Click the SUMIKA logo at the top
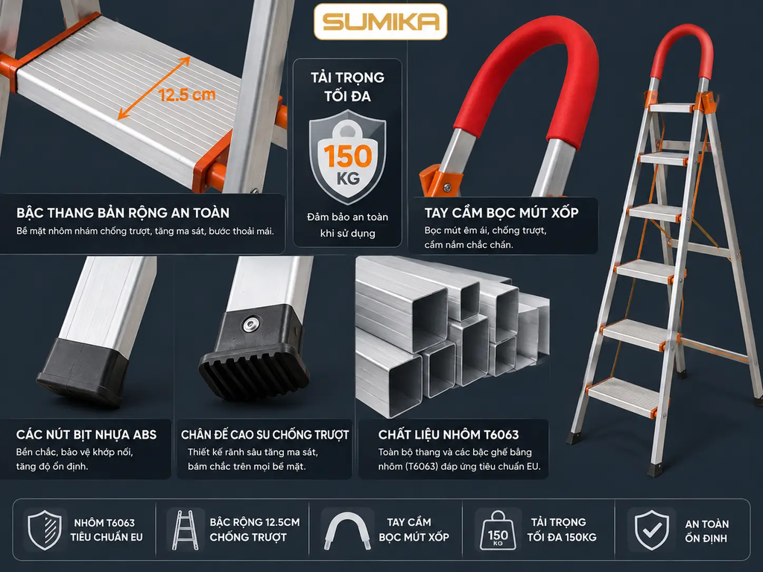[x=381, y=22]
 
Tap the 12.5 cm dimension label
[x=187, y=95]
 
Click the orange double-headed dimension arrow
[x=153, y=88]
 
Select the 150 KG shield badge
[x=347, y=156]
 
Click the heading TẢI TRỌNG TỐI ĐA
[x=347, y=86]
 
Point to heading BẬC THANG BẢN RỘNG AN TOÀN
[x=123, y=212]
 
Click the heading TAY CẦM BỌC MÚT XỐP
[x=501, y=212]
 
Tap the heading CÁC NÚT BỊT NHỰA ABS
[x=86, y=434]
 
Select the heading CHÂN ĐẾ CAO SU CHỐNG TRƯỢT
[x=265, y=434]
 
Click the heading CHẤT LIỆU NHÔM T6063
[x=449, y=434]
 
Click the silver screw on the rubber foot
[x=251, y=324]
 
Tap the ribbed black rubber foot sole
[x=254, y=372]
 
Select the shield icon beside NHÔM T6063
[x=44, y=530]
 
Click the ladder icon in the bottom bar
[x=185, y=530]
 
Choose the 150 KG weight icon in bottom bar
[x=498, y=530]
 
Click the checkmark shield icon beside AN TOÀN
[x=651, y=530]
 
